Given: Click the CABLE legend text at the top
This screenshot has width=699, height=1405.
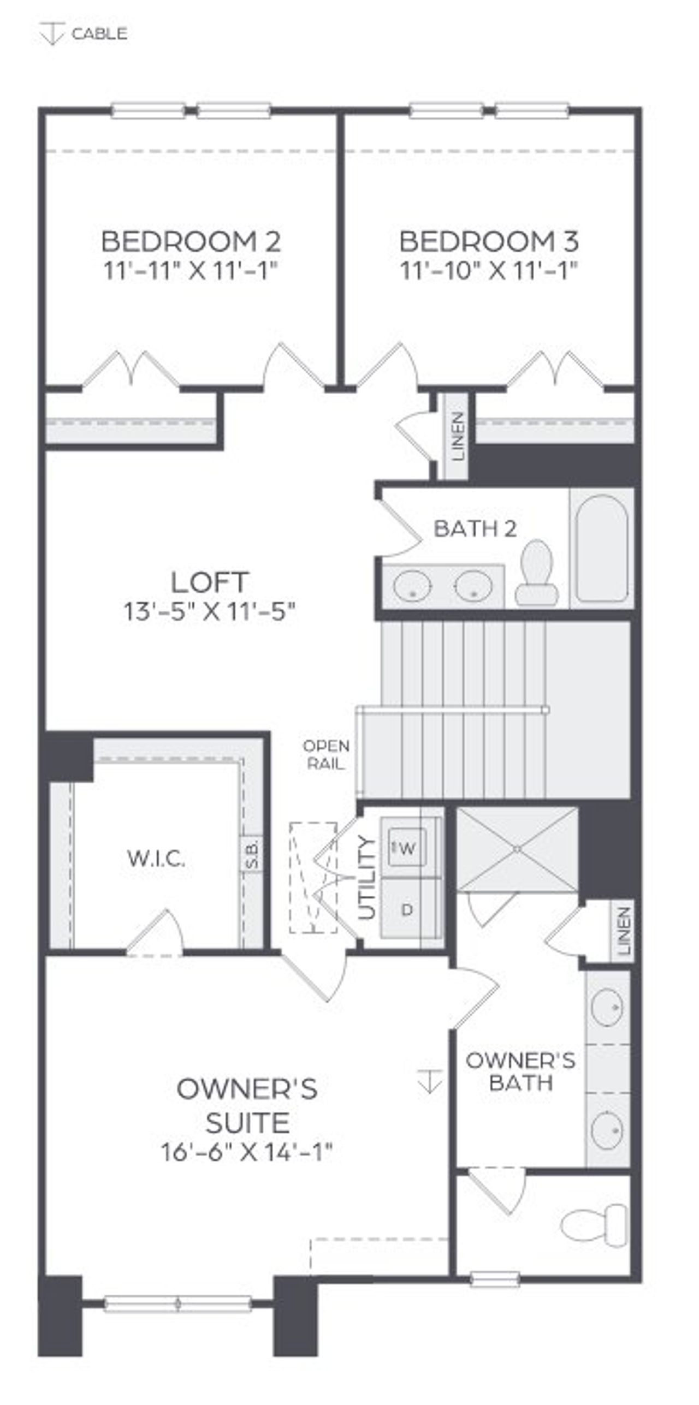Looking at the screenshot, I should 99,34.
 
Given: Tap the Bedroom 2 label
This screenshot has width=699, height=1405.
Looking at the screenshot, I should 191,242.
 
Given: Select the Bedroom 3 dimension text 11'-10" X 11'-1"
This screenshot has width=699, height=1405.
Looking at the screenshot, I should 489,270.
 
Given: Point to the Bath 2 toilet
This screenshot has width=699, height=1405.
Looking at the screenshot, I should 536,573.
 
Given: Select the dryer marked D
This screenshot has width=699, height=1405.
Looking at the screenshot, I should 407,909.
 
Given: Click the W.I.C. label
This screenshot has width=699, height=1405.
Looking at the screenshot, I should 156,859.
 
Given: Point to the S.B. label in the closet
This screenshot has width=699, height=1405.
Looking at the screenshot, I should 251,854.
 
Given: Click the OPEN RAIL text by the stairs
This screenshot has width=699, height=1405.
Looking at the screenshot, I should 326,755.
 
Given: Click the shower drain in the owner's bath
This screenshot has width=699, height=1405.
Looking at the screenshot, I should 517,849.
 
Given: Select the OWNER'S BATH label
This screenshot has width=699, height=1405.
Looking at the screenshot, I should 520,1071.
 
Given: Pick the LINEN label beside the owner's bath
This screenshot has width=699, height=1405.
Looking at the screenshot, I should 624,931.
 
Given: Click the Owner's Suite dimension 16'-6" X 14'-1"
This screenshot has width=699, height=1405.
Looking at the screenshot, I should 247,1152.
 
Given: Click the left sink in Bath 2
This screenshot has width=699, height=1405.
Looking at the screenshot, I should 412,586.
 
